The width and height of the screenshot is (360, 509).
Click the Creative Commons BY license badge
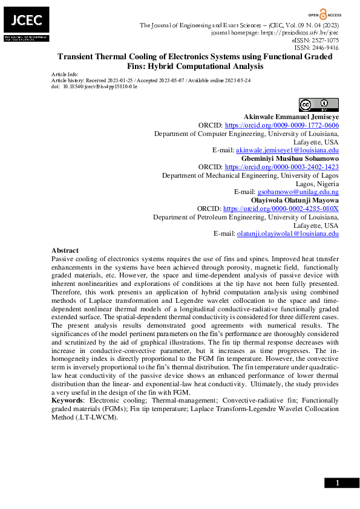tap(315, 104)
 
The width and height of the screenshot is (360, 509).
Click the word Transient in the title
tap(77, 56)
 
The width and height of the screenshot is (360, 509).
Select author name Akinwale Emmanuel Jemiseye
tap(291, 116)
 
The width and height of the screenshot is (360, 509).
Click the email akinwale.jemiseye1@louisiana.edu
tap(287, 150)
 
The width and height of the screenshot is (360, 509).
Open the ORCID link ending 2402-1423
tap(281, 166)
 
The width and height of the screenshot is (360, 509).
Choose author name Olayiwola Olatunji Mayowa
tap(295, 199)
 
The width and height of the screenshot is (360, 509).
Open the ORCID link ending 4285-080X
tap(281, 208)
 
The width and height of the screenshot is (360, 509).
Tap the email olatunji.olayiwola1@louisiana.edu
tap(287, 233)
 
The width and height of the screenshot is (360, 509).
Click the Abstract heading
tap(65, 250)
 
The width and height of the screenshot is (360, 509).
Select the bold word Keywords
tap(67, 400)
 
